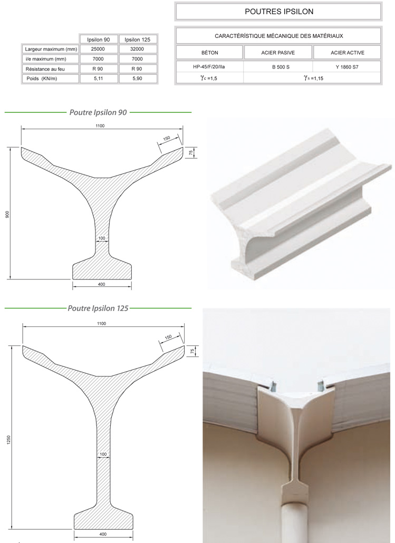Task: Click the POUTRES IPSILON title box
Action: click(x=278, y=12)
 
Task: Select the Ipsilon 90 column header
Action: click(x=99, y=40)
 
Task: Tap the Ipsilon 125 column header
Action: click(x=138, y=40)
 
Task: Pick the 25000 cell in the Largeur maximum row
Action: click(x=98, y=49)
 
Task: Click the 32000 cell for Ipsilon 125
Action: click(x=137, y=49)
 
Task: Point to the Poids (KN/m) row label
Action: click(x=42, y=79)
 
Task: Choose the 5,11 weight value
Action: click(x=99, y=79)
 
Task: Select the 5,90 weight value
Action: click(x=137, y=79)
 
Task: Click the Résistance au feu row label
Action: click(x=45, y=69)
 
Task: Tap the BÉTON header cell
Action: click(x=209, y=53)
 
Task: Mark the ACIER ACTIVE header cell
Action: click(x=348, y=53)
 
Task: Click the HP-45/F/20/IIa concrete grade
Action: click(x=209, y=67)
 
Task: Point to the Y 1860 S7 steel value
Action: click(x=347, y=67)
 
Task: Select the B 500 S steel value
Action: click(x=281, y=67)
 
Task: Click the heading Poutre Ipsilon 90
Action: click(x=98, y=112)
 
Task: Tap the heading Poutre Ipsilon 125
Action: click(x=98, y=308)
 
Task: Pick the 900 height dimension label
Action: click(x=7, y=215)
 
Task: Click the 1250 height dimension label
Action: click(x=8, y=440)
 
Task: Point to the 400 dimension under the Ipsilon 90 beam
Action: click(x=102, y=284)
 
